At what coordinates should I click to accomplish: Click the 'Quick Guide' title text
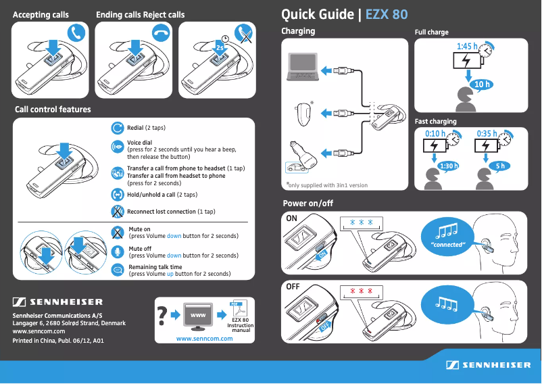click(x=317, y=14)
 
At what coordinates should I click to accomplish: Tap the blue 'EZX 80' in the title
click(x=387, y=14)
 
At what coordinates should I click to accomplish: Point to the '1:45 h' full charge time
click(x=467, y=46)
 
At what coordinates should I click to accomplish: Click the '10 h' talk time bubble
click(x=481, y=84)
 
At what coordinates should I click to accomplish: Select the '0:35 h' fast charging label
click(x=487, y=133)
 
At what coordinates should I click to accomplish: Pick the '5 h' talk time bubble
click(x=499, y=166)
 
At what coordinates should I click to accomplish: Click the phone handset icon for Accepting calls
click(x=78, y=32)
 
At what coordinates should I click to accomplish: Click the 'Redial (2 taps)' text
click(x=146, y=127)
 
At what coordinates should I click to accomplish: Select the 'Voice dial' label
click(x=139, y=143)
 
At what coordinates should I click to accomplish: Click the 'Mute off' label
click(x=141, y=249)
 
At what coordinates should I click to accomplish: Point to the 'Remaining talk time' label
click(x=155, y=267)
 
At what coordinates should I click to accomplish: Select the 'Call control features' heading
click(x=53, y=109)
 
